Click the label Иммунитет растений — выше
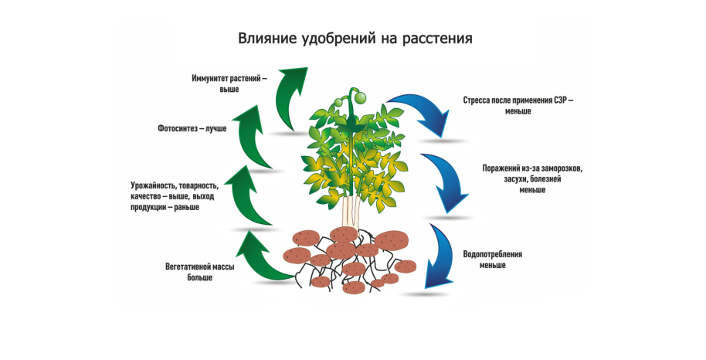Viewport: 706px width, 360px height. click(x=229, y=83)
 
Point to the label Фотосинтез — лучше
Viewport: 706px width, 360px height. click(x=192, y=128)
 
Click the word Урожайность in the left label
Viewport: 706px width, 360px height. click(x=154, y=185)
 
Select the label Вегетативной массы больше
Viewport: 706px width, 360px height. click(x=199, y=272)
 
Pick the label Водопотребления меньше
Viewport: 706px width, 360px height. click(x=493, y=260)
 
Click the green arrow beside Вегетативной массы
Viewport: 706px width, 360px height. click(x=263, y=259)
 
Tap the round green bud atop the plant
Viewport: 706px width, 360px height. click(x=358, y=95)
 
